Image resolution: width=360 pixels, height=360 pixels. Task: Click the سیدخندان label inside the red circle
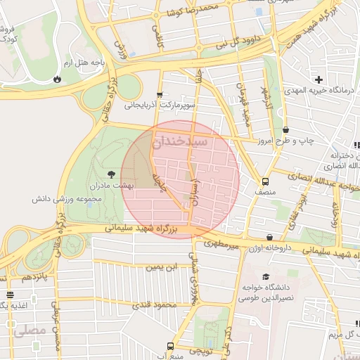pos(184,141)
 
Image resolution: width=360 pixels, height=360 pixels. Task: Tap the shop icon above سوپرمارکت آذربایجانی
pos(160,94)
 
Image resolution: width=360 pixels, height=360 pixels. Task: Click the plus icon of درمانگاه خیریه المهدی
pos(320,79)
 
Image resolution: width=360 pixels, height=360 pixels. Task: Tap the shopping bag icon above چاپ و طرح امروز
pos(286,130)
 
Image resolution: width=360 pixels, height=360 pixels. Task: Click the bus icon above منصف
pos(265,180)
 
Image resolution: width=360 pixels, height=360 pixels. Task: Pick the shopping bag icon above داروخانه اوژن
pos(269,237)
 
